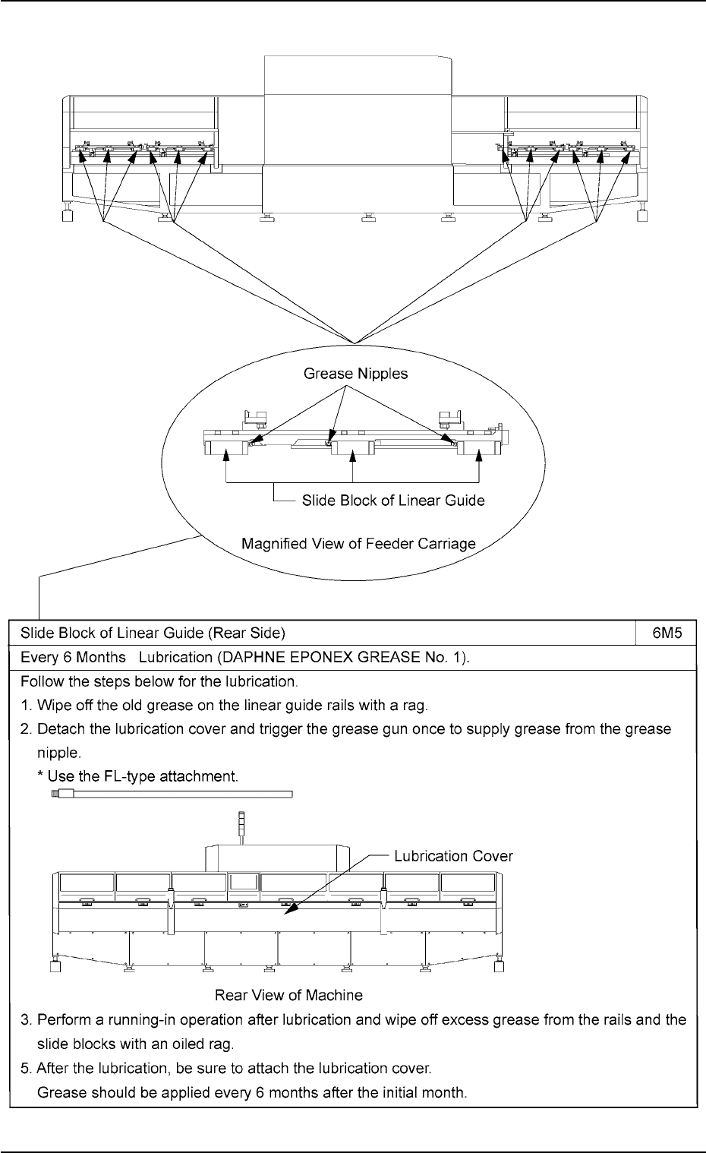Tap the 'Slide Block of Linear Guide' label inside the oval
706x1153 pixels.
393,501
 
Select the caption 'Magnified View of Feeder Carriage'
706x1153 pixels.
358,544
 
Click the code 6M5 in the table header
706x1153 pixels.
667,632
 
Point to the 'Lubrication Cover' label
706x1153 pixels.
453,856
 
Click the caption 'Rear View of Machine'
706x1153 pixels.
288,994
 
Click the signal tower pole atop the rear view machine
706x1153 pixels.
241,833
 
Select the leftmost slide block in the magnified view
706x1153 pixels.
226,450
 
